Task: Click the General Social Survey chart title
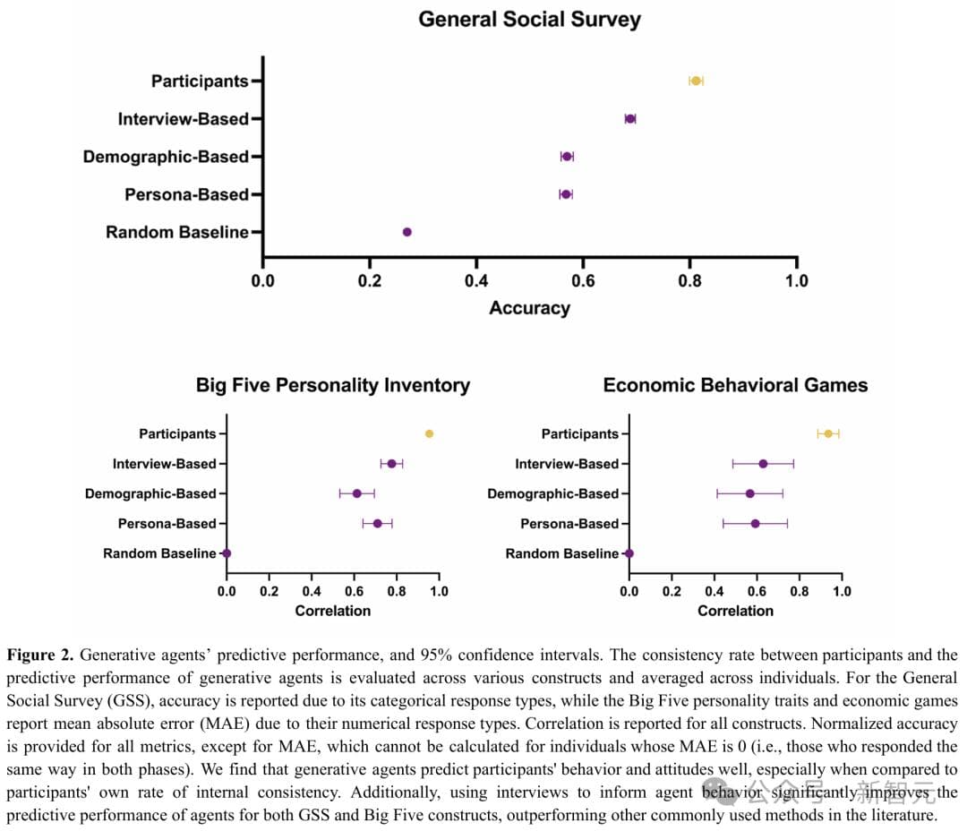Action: pyautogui.click(x=529, y=19)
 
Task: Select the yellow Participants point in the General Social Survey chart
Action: pyautogui.click(x=696, y=81)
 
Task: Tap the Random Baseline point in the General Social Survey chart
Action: pyautogui.click(x=407, y=232)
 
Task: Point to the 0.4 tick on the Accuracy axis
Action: pyautogui.click(x=476, y=280)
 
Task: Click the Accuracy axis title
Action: pyautogui.click(x=529, y=308)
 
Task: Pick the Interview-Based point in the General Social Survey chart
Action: pyautogui.click(x=630, y=118)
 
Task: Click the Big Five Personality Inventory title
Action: pyautogui.click(x=333, y=385)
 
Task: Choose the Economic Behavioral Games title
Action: pyautogui.click(x=735, y=385)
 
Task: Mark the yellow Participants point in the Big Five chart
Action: pyautogui.click(x=430, y=433)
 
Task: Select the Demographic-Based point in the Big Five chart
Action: pyautogui.click(x=356, y=493)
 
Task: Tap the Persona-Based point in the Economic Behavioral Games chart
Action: pyautogui.click(x=755, y=523)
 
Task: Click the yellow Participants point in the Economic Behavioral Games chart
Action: pyautogui.click(x=828, y=433)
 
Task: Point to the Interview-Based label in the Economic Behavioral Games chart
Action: pyautogui.click(x=567, y=464)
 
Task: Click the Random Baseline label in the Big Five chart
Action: pyautogui.click(x=159, y=553)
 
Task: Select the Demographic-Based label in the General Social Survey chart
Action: pyautogui.click(x=166, y=157)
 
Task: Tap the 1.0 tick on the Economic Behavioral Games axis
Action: pyautogui.click(x=842, y=591)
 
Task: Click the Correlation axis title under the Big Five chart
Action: pyautogui.click(x=333, y=611)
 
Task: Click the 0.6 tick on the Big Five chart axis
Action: pyautogui.click(x=355, y=591)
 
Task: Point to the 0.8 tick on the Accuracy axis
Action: pyautogui.click(x=689, y=280)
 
